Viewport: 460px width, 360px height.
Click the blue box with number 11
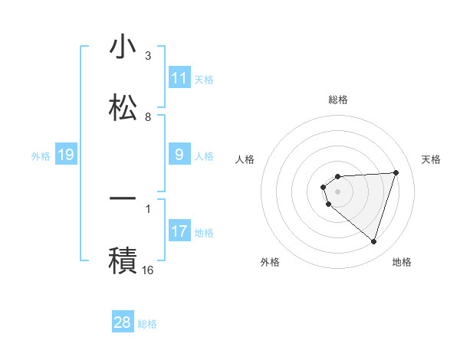tap(179, 77)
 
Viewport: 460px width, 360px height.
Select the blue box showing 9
tap(179, 155)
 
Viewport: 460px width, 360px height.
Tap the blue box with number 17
tap(179, 231)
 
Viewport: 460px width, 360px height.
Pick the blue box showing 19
tap(65, 155)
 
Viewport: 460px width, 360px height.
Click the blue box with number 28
tap(123, 322)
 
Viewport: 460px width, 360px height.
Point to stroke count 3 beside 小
tap(148, 56)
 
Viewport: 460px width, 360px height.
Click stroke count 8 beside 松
tap(148, 117)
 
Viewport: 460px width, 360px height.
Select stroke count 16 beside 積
tap(148, 270)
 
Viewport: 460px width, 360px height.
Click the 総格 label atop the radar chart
tap(337, 100)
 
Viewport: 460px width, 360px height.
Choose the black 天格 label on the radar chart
tap(432, 159)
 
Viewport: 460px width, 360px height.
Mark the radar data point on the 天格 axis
tap(396, 172)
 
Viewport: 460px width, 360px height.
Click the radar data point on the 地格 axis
tap(373, 241)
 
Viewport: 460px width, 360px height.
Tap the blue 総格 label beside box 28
tap(147, 324)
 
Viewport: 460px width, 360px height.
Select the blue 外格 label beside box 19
tap(41, 156)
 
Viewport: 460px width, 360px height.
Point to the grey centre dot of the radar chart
tap(337, 191)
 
